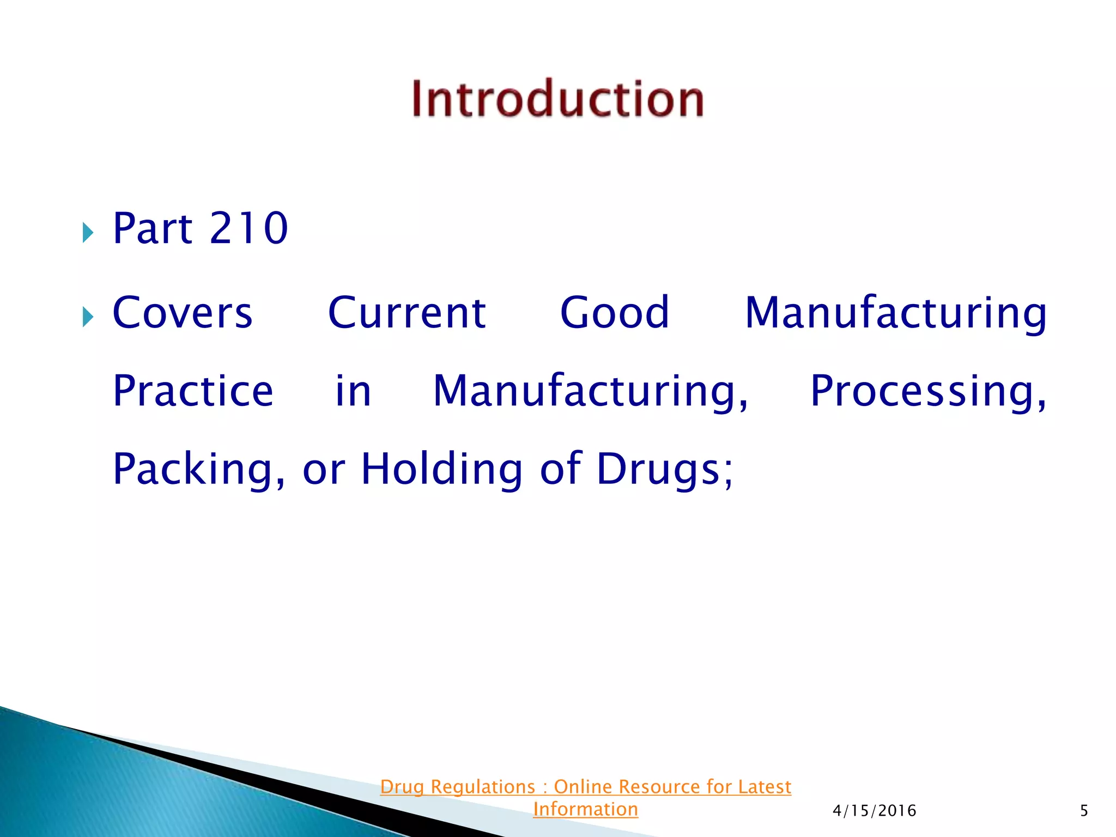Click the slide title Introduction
557,99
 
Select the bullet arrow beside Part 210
88,233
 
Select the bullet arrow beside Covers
88,317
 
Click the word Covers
183,313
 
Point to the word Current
407,313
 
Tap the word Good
614,313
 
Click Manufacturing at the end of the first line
895,313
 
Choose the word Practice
193,391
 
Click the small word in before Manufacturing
353,391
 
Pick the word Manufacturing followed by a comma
590,391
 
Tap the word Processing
927,391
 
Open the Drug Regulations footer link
585,787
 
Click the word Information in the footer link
585,809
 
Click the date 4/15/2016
874,811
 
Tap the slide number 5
1084,811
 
